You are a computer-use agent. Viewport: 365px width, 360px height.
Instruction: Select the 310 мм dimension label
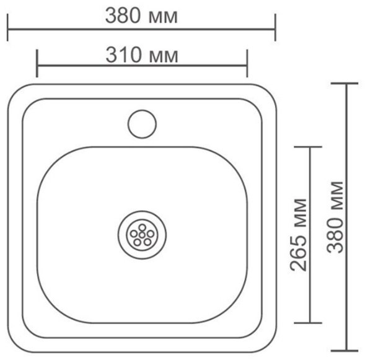tap(142, 56)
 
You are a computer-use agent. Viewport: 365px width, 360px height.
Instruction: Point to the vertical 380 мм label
tap(335, 217)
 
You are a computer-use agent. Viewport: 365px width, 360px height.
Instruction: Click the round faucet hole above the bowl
tap(142, 122)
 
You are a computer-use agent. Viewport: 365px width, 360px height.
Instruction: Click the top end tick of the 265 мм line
tap(307, 147)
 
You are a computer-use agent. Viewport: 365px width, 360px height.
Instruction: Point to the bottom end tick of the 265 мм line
tap(307, 323)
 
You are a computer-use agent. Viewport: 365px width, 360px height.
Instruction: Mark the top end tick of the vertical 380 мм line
tap(346, 83)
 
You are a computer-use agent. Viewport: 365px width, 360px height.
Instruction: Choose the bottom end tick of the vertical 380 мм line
tap(346, 351)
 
